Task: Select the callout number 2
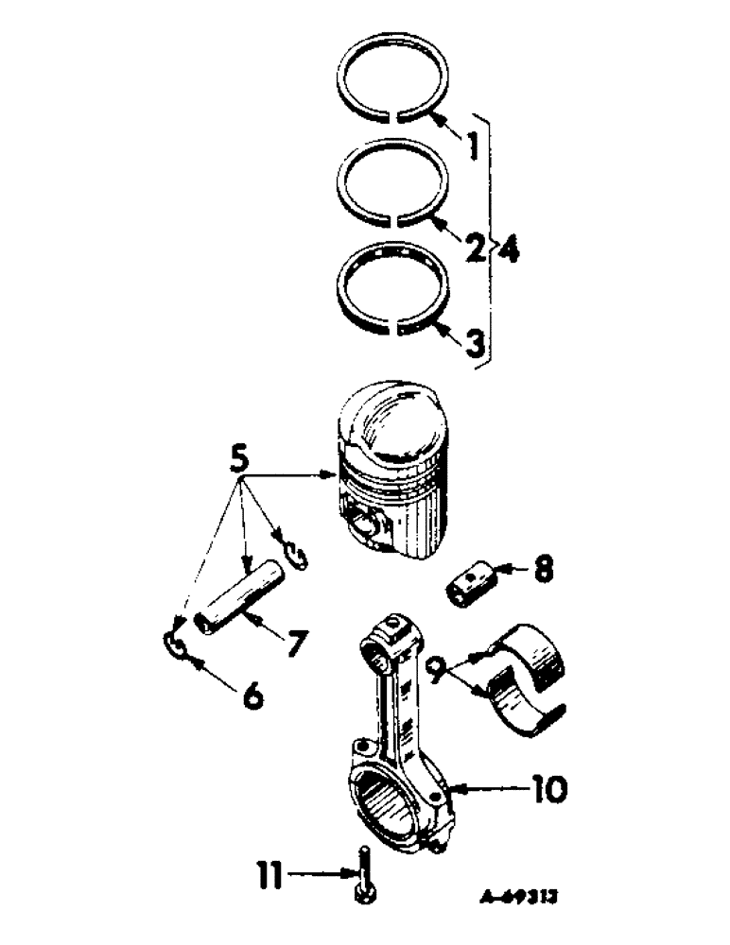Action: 474,249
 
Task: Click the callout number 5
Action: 241,463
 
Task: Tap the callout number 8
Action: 543,571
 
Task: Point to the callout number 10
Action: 548,787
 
